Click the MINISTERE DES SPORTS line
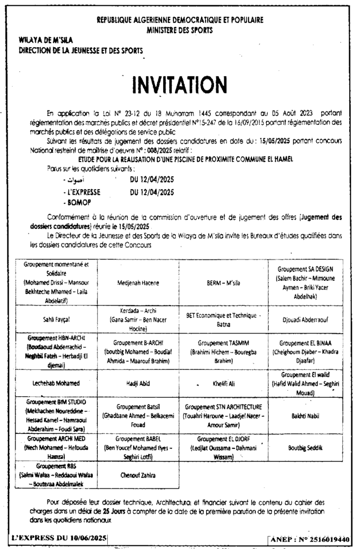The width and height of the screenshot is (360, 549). [179, 31]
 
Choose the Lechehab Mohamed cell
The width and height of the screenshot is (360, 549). [57, 383]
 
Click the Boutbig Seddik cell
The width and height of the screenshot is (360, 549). [305, 447]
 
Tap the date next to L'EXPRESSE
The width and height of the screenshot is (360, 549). [152, 192]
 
